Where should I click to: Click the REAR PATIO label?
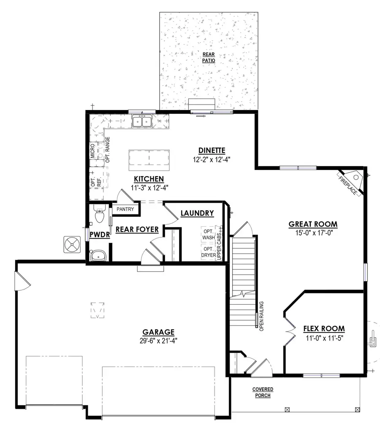coord(209,57)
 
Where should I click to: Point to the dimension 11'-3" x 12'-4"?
coord(147,188)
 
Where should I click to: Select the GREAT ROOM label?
coord(313,224)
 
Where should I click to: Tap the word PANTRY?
coord(125,209)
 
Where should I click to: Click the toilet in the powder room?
coord(100,216)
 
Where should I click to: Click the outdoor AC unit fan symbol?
coord(72,244)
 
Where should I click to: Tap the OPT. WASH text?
coord(209,235)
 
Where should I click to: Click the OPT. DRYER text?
coord(209,252)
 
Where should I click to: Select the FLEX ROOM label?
coord(324,329)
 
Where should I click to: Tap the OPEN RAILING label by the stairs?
coord(262,316)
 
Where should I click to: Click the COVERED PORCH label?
coord(263,392)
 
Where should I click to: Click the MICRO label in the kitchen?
coord(92,151)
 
